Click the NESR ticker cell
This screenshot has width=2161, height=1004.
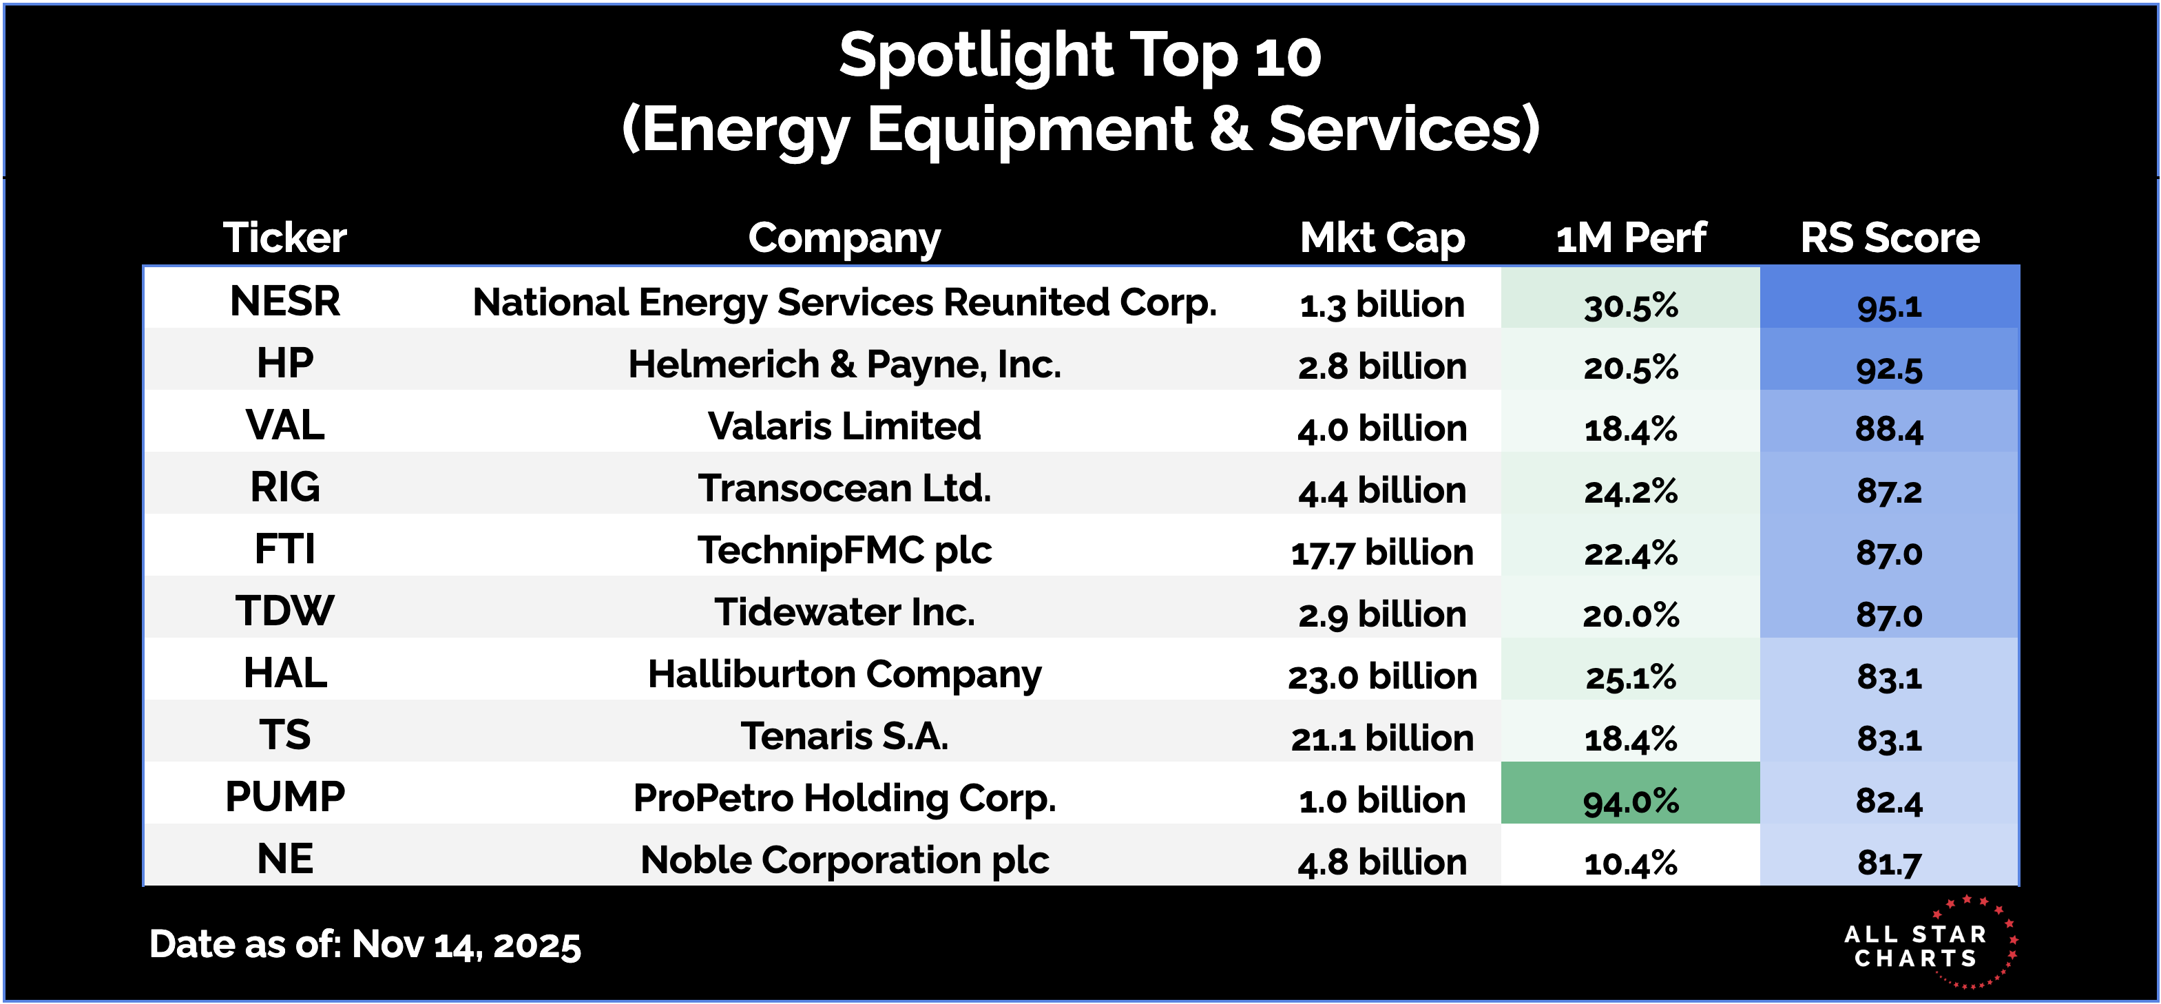tap(285, 301)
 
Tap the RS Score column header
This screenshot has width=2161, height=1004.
tap(1889, 238)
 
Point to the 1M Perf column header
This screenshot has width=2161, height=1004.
tap(1630, 238)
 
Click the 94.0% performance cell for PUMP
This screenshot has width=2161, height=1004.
tap(1630, 801)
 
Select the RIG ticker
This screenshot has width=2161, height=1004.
tap(285, 488)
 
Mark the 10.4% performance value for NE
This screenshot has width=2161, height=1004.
tap(1630, 863)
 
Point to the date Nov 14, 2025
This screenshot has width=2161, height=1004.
tap(466, 945)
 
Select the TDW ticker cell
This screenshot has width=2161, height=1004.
tap(285, 611)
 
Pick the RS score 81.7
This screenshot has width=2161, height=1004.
tap(1889, 863)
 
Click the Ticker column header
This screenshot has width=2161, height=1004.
tap(285, 238)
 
